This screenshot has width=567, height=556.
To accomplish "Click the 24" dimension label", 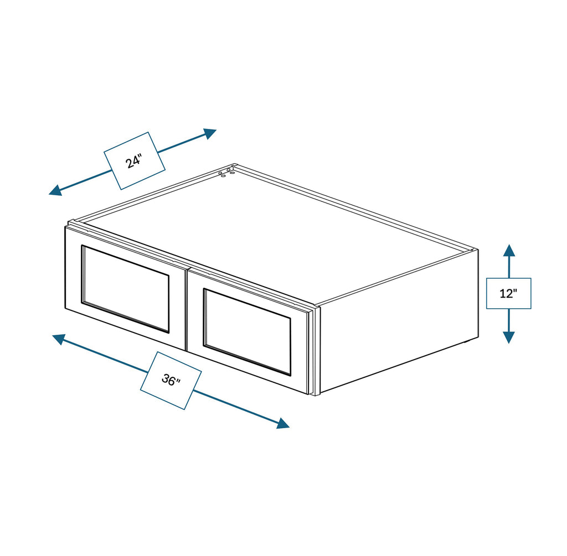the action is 134,161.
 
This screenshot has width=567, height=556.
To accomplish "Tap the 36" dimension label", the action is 171,380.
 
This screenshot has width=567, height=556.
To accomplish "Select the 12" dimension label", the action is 508,293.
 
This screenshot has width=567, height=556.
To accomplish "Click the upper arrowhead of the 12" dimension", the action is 509,250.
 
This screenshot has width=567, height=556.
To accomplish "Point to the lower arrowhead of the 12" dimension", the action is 509,337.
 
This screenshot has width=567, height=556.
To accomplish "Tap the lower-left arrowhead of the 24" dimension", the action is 55,190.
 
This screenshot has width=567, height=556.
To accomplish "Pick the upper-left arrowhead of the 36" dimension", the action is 59,339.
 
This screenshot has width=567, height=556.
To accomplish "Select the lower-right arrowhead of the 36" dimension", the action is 283,423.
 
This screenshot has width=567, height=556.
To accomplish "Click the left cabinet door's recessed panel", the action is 126,289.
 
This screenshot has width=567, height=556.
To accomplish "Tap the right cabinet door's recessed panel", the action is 248,331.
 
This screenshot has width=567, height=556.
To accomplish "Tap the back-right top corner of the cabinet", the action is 477,250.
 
